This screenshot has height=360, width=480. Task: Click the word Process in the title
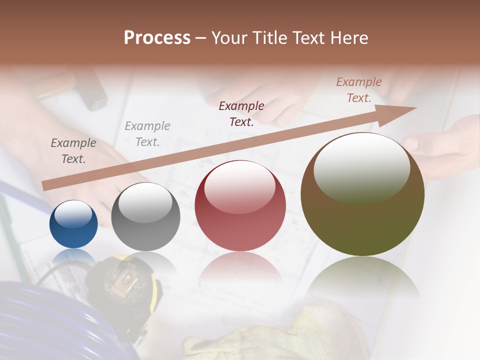click(157, 38)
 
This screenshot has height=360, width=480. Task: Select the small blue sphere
click(73, 224)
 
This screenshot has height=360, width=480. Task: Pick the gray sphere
click(145, 216)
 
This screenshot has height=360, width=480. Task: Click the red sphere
click(240, 205)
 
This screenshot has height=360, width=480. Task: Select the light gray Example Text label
click(147, 134)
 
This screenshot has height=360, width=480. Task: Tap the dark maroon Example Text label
click(241, 114)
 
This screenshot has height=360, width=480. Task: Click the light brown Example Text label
click(359, 90)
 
